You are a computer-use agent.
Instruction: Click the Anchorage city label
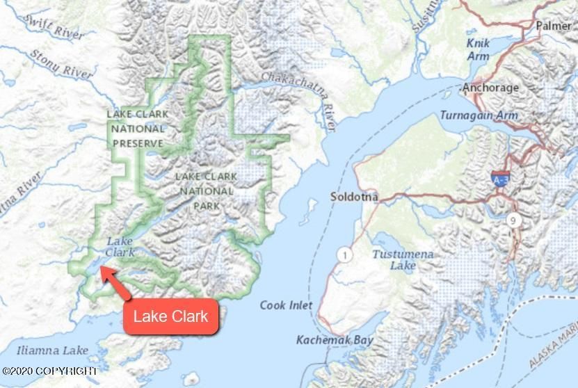click(490, 88)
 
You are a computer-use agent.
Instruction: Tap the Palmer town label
click(554, 26)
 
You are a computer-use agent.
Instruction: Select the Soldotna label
click(354, 197)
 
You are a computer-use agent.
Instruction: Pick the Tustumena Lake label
click(402, 259)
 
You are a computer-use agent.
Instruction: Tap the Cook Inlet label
click(286, 305)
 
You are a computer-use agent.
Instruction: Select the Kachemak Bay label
click(335, 340)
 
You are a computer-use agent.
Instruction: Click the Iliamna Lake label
click(54, 350)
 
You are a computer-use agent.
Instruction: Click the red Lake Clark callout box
click(170, 317)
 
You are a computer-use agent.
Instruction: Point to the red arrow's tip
click(103, 268)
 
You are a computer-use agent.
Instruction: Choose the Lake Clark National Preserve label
click(137, 129)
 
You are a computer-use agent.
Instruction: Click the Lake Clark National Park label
click(206, 191)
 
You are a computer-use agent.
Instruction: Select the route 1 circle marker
click(344, 256)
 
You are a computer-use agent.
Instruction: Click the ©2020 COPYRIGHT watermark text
click(49, 372)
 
